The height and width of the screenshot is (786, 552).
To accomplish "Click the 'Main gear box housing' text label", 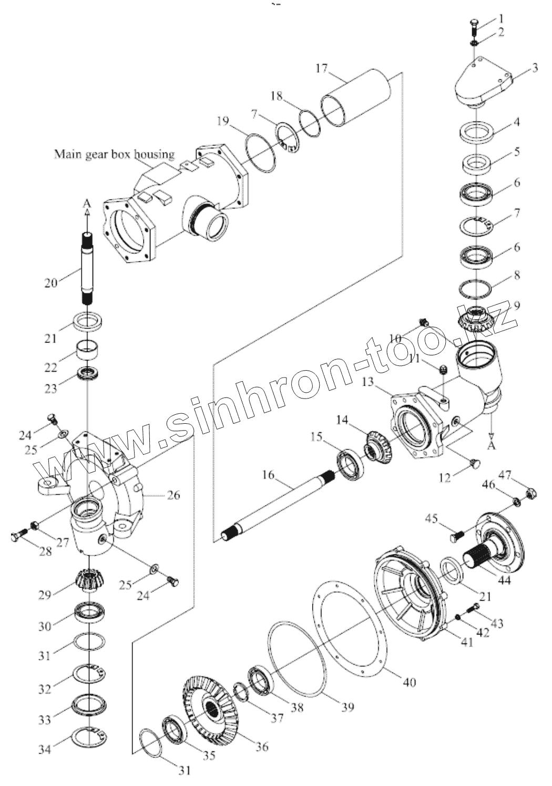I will pyautogui.click(x=115, y=154).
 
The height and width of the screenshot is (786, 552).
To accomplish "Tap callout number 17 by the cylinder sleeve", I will pyautogui.click(x=321, y=68).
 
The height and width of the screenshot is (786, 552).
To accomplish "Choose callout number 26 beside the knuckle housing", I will pyautogui.click(x=173, y=495).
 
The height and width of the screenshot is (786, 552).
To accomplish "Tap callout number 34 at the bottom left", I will pyautogui.click(x=45, y=749).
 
